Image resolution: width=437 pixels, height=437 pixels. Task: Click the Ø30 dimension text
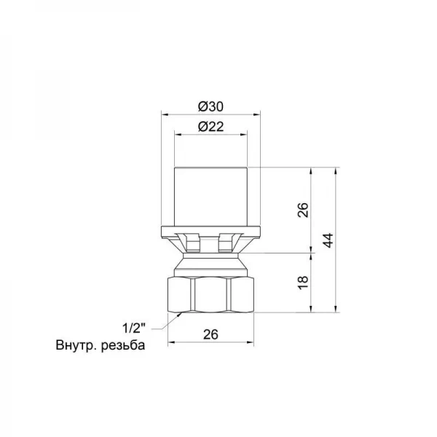(x=210, y=106)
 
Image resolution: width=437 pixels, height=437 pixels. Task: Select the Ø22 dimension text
(x=210, y=126)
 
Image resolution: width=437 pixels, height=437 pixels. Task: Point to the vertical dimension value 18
(x=305, y=282)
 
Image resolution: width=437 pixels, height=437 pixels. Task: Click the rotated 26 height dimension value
(x=305, y=210)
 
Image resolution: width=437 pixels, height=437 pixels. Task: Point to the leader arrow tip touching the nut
(x=181, y=311)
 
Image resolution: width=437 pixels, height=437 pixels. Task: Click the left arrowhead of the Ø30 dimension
(x=164, y=114)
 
